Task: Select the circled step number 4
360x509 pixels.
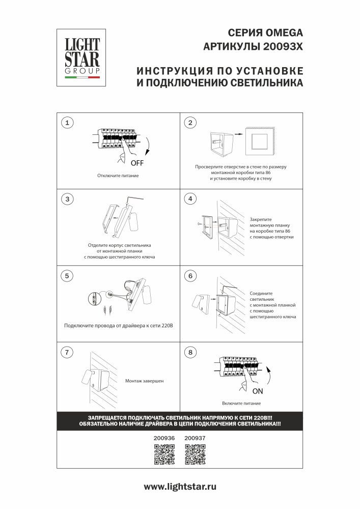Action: tap(190, 199)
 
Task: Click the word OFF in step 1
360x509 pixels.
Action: tap(137, 163)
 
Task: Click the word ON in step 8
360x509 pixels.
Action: tap(257, 391)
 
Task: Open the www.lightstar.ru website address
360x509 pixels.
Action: tap(180, 487)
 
